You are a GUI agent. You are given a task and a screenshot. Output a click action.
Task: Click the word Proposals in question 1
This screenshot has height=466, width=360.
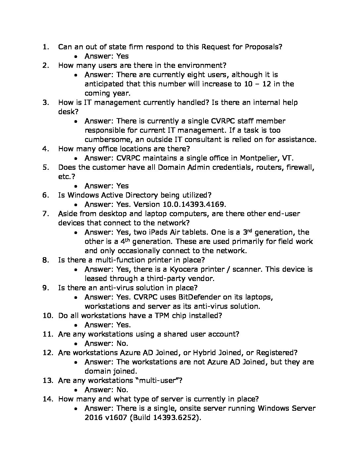click(x=263, y=47)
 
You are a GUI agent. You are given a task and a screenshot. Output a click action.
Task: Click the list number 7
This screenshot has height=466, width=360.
click(x=46, y=213)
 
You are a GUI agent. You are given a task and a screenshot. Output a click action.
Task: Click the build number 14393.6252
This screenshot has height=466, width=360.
click(x=175, y=417)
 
